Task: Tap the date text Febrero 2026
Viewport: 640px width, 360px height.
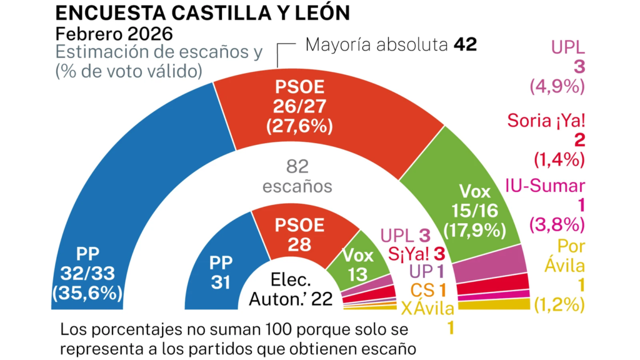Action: coord(114,34)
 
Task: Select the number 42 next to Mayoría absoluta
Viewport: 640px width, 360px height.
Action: coord(466,45)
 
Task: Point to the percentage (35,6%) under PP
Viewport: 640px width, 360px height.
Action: coord(92,292)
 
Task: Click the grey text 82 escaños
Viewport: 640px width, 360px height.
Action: coord(297,176)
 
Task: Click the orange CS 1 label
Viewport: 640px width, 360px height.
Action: coord(427,290)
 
